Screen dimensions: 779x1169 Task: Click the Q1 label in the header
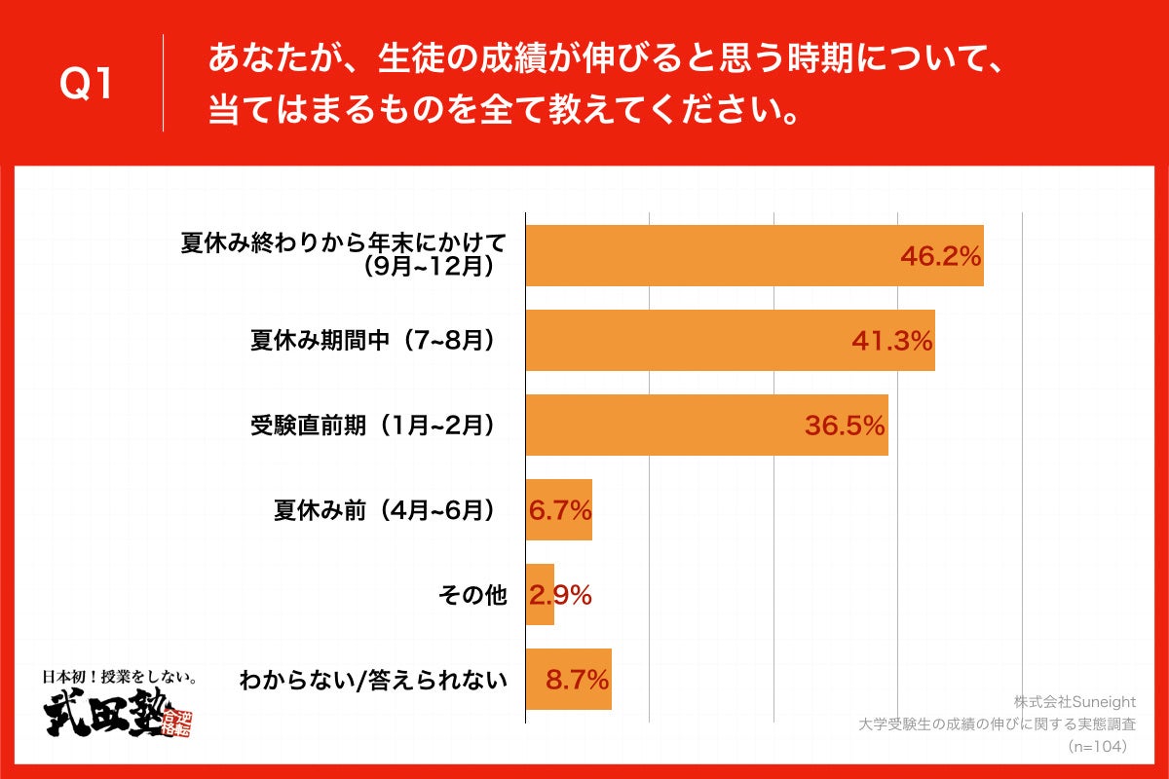[x=87, y=85]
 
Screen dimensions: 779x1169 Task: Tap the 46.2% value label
[x=939, y=257]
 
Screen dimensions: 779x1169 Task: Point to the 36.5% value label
[x=844, y=426]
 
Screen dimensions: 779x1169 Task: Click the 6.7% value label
[x=560, y=510]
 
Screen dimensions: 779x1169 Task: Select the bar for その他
[x=540, y=595]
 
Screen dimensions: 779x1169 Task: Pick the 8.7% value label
[x=578, y=680]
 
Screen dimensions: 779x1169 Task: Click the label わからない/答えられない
[x=374, y=680]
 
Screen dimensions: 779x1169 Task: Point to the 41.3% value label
[x=891, y=341]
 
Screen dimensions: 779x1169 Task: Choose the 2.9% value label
[x=560, y=595]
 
